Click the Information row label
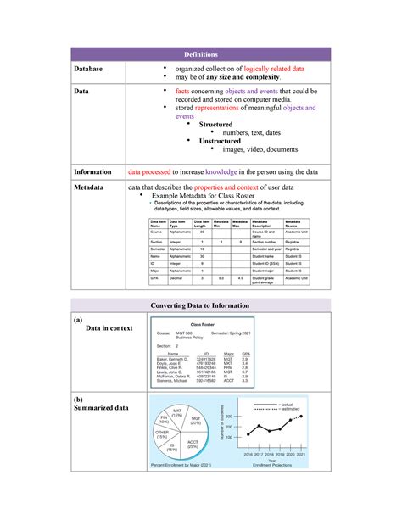[x=101, y=171]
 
